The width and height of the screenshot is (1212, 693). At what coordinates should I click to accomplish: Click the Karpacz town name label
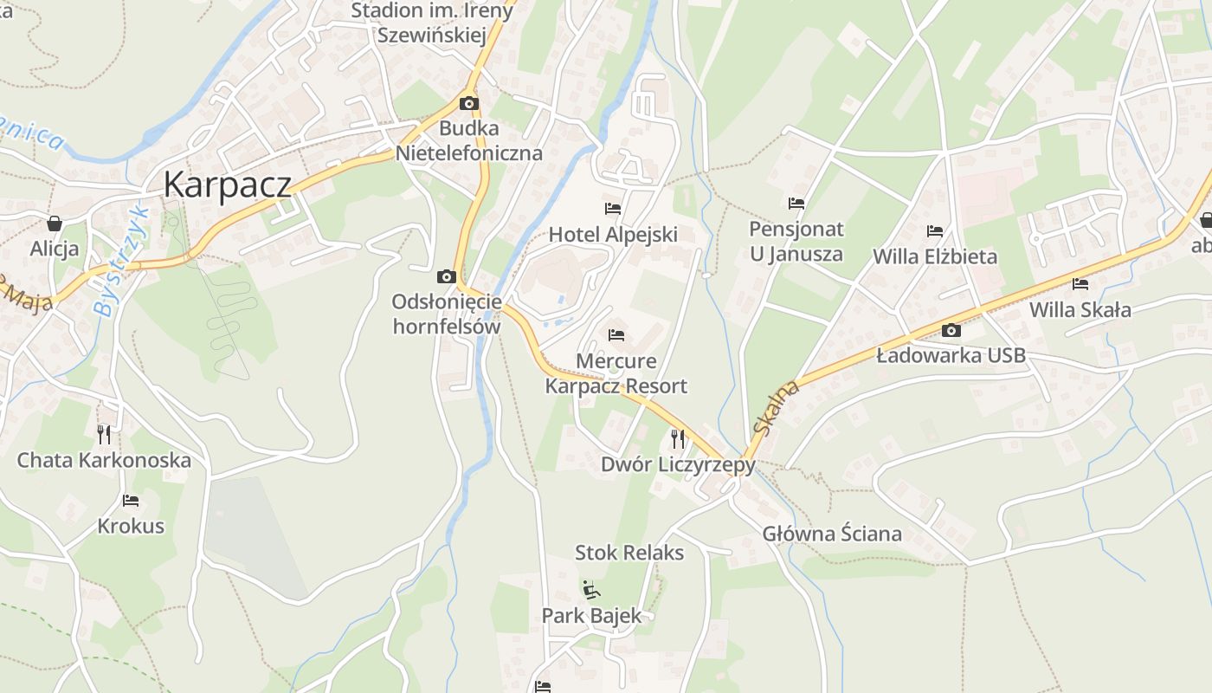227,185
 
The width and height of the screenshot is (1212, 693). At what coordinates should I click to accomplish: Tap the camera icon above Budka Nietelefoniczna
468,104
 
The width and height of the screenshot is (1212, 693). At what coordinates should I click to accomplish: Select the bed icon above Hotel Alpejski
613,209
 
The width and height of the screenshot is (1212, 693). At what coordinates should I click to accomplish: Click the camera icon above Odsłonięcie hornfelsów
447,277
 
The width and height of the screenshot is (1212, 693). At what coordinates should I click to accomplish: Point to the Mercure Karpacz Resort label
616,373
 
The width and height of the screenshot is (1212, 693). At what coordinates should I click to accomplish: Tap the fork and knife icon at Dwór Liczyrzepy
678,439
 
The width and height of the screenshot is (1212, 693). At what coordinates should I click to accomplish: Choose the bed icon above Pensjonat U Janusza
796,204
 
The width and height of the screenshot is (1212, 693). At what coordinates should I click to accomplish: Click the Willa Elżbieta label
935,256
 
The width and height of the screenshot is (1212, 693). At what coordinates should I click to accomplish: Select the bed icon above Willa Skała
1080,284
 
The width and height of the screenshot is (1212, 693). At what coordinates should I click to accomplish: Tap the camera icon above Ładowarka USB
951,330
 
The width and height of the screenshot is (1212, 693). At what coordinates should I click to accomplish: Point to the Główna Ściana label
832,534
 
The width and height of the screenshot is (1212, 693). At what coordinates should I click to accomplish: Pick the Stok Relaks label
629,553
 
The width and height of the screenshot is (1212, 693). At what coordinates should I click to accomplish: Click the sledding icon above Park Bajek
590,590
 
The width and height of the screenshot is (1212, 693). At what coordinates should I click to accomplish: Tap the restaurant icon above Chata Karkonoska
104,434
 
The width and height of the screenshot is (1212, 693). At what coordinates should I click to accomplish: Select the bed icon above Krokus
131,501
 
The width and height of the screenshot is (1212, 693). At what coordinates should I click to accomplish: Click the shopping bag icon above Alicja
55,223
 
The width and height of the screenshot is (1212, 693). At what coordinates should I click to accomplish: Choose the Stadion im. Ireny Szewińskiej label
432,23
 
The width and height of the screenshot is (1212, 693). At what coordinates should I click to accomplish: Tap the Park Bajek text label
592,616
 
